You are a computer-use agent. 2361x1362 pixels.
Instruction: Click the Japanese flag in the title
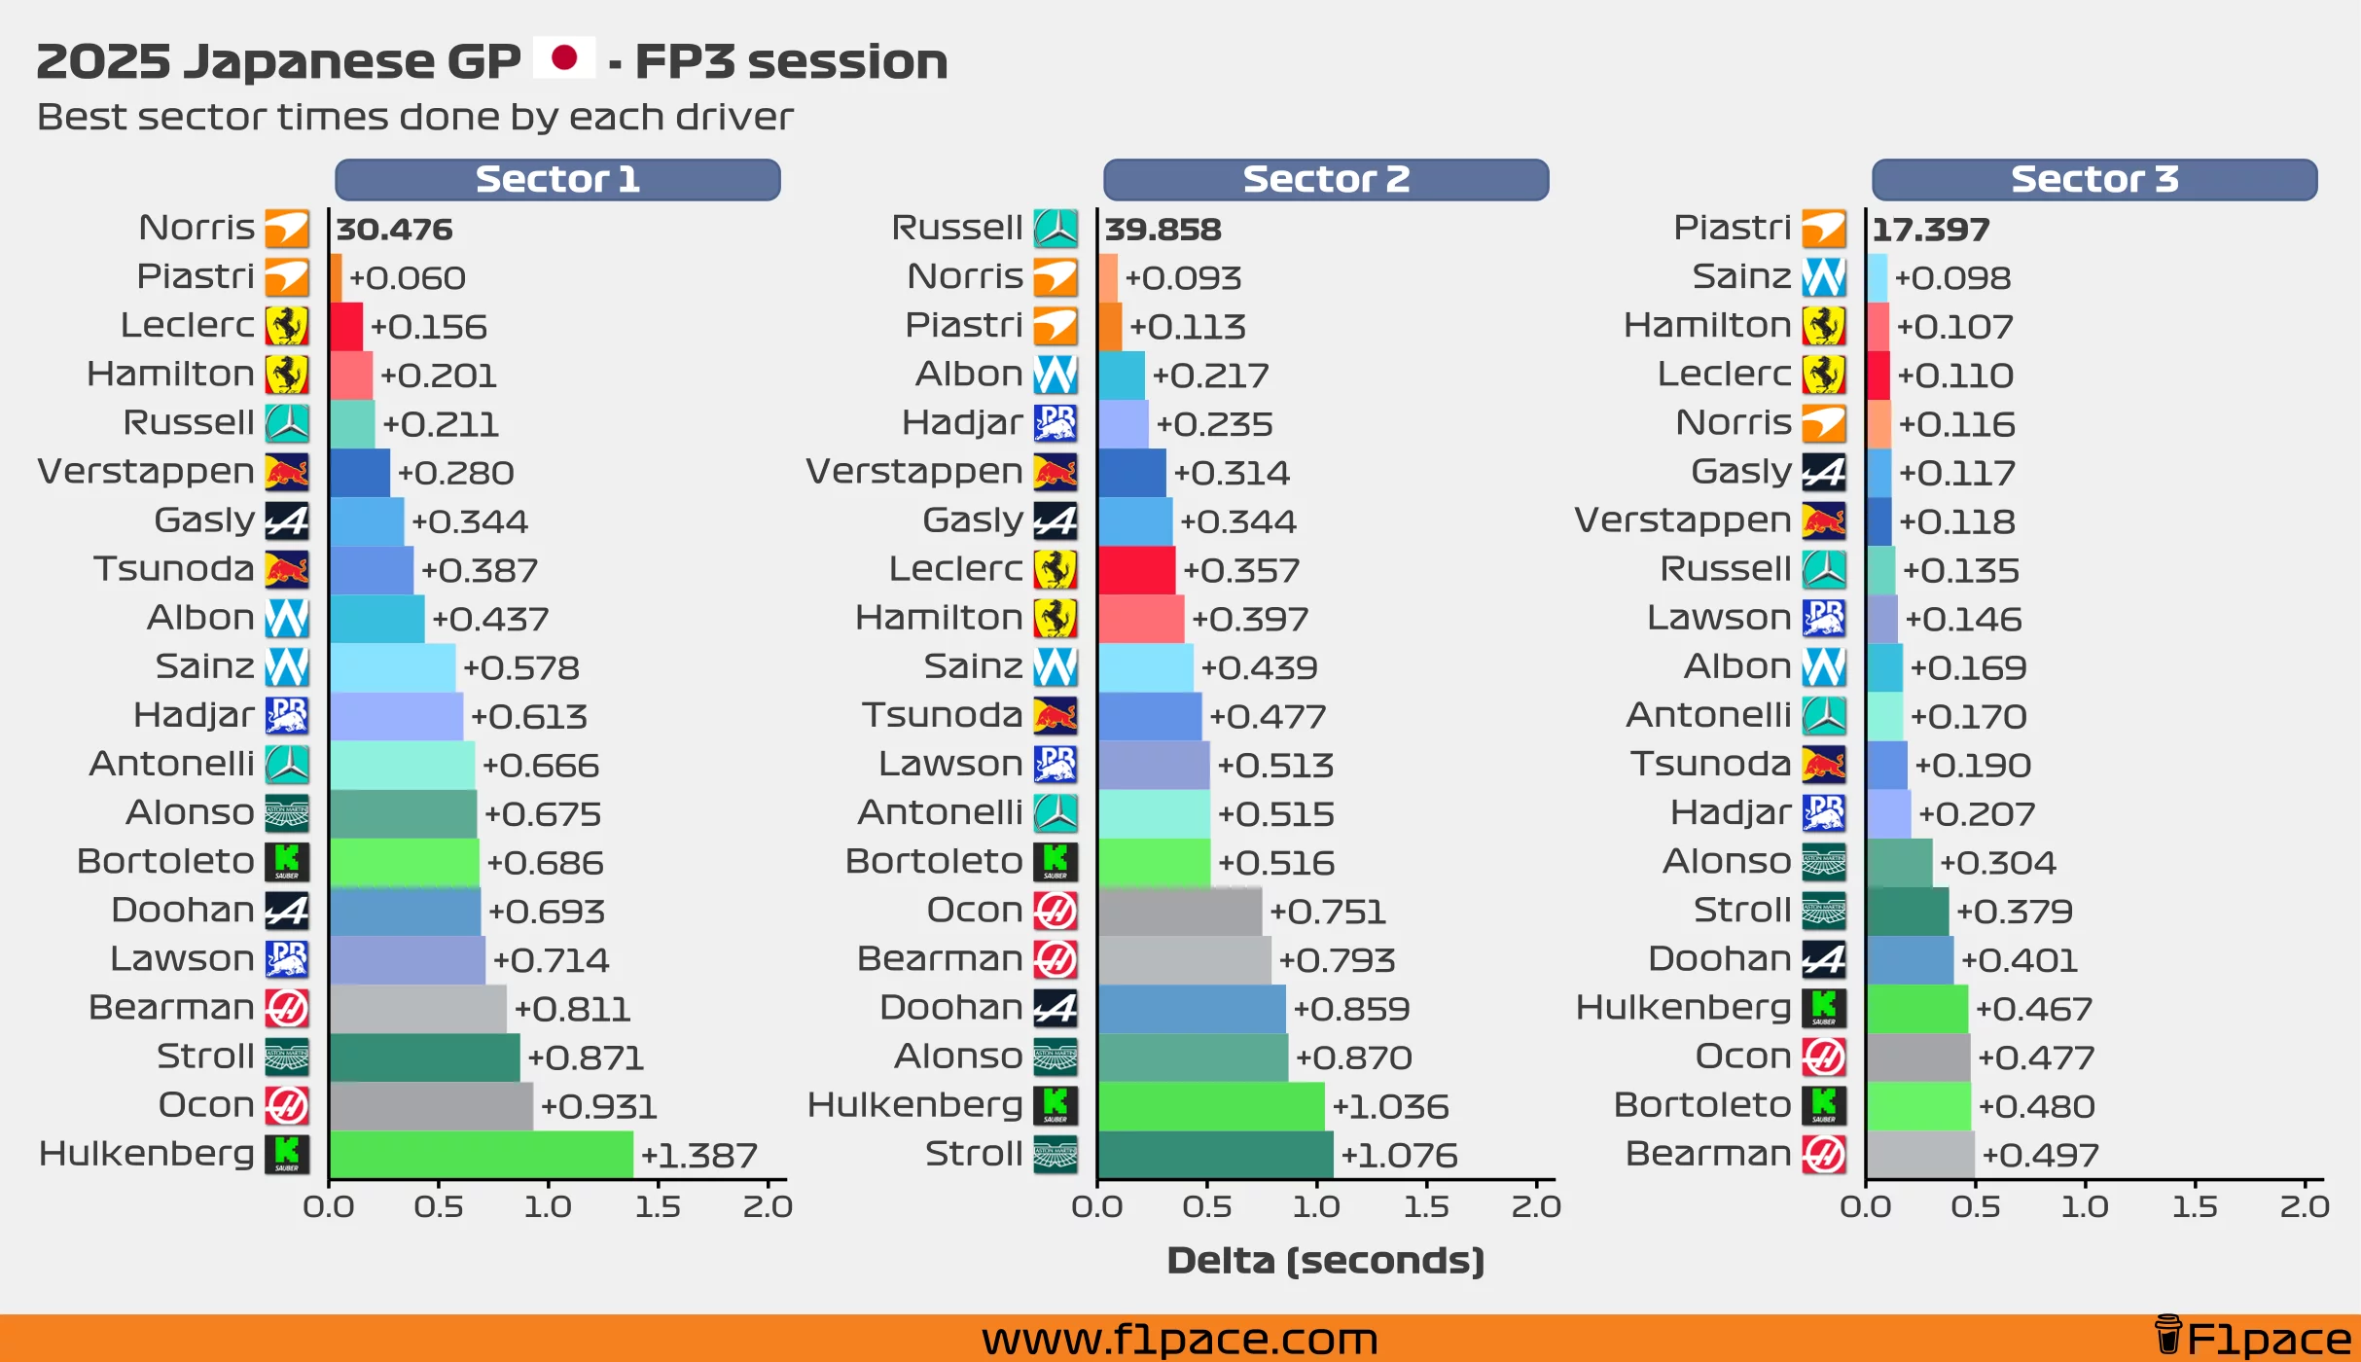coord(564,58)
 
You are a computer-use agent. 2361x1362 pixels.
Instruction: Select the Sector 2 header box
coord(1325,180)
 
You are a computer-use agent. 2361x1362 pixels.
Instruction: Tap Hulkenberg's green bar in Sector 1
coord(481,1155)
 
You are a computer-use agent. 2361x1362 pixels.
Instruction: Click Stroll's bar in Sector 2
coord(1215,1155)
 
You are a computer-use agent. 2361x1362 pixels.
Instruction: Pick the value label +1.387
coord(698,1156)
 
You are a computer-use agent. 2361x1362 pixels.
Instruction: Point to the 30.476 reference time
coord(394,230)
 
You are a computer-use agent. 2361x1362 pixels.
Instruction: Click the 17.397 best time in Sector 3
coord(1930,230)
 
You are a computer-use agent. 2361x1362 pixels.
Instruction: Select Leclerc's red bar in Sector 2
coord(1136,570)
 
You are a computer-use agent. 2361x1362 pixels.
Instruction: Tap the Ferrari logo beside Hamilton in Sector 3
coord(1823,326)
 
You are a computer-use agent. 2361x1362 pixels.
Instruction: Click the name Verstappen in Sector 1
coord(146,472)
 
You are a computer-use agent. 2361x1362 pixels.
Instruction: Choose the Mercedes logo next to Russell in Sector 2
coord(1055,229)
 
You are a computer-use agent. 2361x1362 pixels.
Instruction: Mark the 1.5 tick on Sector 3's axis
coord(2195,1206)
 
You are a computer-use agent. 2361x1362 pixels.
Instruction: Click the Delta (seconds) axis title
coord(1325,1261)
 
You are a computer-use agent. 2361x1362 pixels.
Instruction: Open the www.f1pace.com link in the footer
coord(1179,1339)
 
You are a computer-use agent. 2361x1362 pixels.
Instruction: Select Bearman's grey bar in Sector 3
coord(1920,1155)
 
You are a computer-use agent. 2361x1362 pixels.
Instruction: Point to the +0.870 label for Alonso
coord(1353,1057)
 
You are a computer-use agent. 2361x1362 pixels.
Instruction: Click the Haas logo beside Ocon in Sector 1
coord(287,1105)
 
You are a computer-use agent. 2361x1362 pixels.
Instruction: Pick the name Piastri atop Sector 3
coord(1732,228)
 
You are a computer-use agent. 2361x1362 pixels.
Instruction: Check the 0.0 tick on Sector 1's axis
coord(329,1206)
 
